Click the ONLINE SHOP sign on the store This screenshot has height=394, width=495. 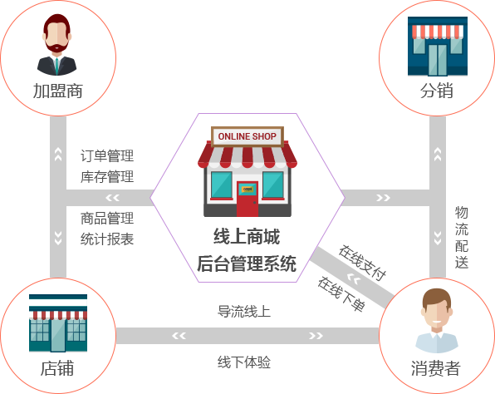[247, 136]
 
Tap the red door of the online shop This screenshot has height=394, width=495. [247, 199]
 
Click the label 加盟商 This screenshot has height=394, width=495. [58, 91]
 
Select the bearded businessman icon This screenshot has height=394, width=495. [56, 45]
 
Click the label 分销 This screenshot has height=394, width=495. [437, 91]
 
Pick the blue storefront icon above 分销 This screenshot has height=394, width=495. [438, 47]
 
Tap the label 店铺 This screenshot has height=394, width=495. [57, 368]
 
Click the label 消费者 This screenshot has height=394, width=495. [435, 368]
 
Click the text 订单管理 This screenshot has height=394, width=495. [107, 155]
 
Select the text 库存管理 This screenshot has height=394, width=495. [107, 176]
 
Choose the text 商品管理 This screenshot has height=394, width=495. [107, 219]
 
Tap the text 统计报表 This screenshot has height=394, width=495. [107, 239]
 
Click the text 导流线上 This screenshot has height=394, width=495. [244, 312]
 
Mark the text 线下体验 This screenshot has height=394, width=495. [244, 362]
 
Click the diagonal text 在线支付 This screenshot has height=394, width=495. [363, 263]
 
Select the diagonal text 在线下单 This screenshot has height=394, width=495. [341, 294]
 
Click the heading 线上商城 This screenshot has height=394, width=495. [247, 237]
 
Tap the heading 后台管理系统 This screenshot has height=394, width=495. [247, 263]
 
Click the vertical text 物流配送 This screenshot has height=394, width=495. [462, 237]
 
